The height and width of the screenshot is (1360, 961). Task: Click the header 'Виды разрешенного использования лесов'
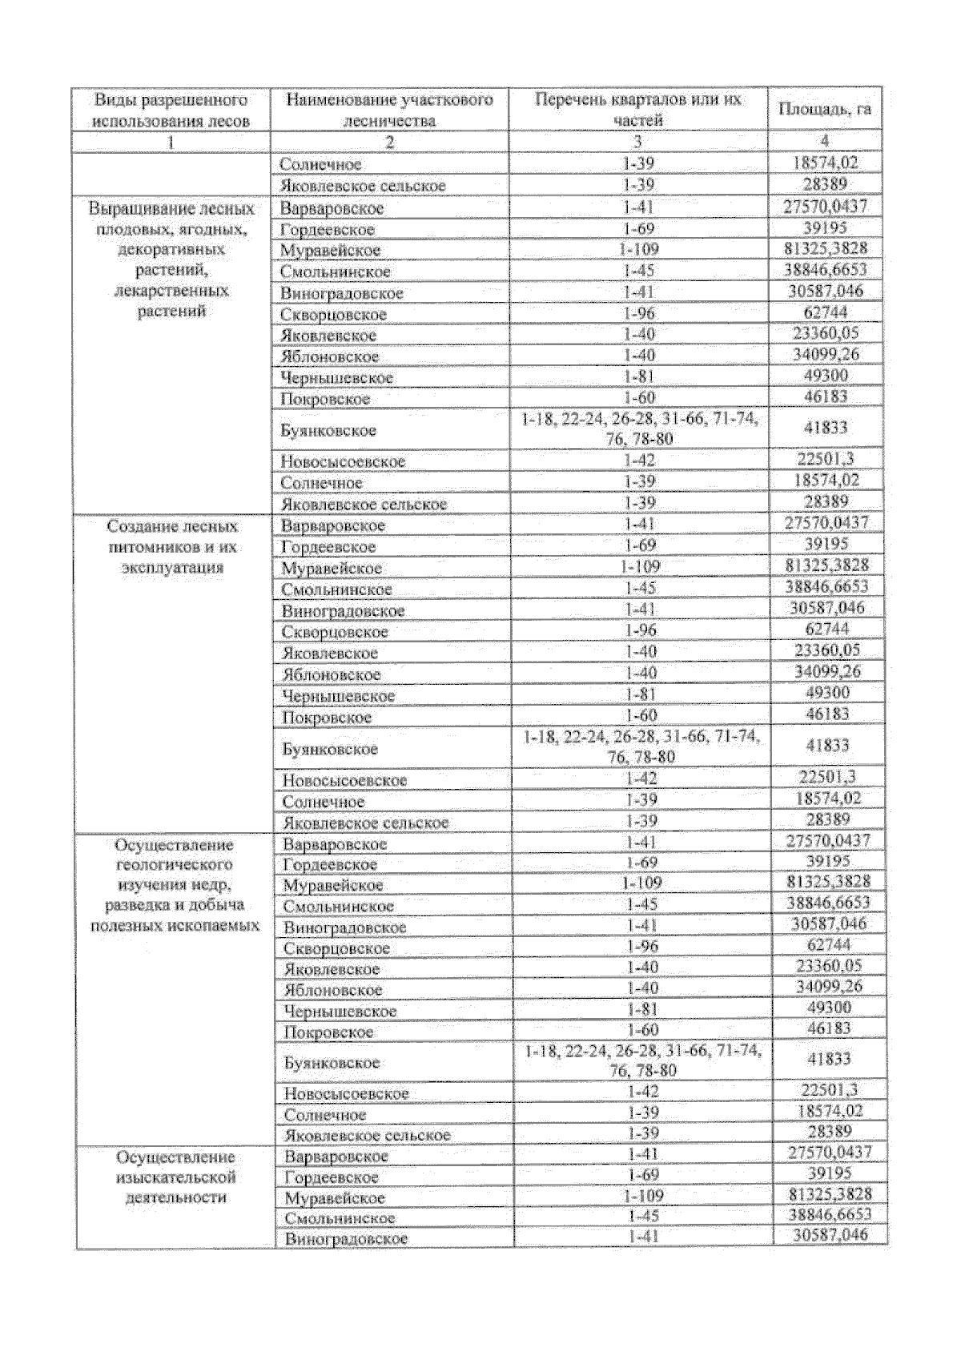pos(170,111)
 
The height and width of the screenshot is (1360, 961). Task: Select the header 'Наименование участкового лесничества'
pos(389,111)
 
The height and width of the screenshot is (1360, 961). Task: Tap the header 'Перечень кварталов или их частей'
pos(637,110)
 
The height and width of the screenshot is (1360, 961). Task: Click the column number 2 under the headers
pos(389,143)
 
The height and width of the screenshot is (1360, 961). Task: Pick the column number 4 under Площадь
pos(824,142)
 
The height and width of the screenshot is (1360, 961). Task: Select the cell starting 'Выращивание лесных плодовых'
pos(171,260)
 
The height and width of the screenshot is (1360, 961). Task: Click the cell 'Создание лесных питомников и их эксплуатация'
pos(172,547)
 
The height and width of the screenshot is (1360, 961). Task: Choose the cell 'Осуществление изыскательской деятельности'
pos(175,1177)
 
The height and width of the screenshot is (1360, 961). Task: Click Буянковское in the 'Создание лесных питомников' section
pos(329,750)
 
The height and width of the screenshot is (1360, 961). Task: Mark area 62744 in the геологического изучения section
pos(827,945)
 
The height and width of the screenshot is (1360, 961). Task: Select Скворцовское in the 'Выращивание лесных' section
pos(333,315)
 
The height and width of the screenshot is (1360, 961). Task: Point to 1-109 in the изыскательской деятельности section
pos(642,1196)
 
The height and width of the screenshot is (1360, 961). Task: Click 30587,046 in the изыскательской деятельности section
pos(830,1235)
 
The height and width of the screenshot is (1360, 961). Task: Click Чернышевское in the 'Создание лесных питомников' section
pos(338,696)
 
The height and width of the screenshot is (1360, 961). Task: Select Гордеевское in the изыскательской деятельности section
pos(332,1177)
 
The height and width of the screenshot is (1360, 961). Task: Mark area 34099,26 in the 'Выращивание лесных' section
pos(825,354)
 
